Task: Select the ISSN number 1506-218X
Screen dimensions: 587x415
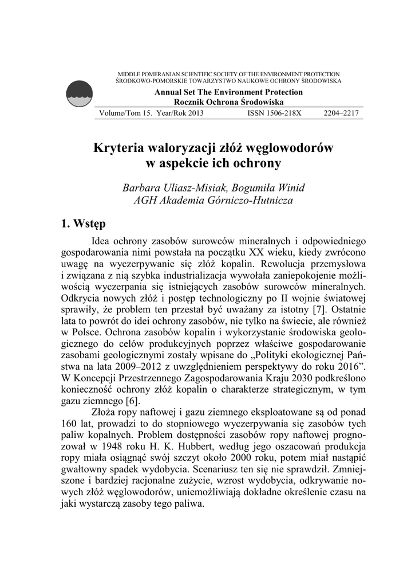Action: point(274,114)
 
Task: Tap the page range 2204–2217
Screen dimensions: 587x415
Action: point(341,114)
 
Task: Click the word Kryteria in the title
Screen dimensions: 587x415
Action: point(120,148)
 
